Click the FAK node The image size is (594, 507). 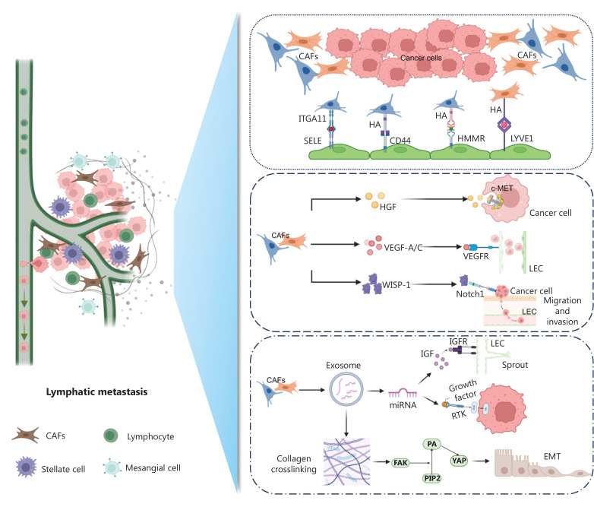click(400, 463)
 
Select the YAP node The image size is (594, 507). click(459, 461)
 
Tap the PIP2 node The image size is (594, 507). click(432, 479)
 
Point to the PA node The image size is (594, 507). click(432, 444)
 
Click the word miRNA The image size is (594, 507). click(403, 405)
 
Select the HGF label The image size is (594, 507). click(388, 207)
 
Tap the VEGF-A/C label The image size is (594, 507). click(403, 248)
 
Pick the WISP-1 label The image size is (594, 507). click(397, 285)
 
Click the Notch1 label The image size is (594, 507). click(470, 294)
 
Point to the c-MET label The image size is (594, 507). click(502, 188)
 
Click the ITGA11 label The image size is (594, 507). click(312, 119)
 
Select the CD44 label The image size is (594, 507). click(400, 141)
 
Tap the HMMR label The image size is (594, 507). click(471, 138)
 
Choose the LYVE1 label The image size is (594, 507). click(522, 138)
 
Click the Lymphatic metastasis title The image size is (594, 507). click(96, 391)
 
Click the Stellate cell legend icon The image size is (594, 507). click(26, 467)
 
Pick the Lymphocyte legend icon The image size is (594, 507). click(111, 436)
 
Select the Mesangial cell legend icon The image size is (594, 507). click(112, 467)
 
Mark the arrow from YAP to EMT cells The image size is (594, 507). click(481, 461)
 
